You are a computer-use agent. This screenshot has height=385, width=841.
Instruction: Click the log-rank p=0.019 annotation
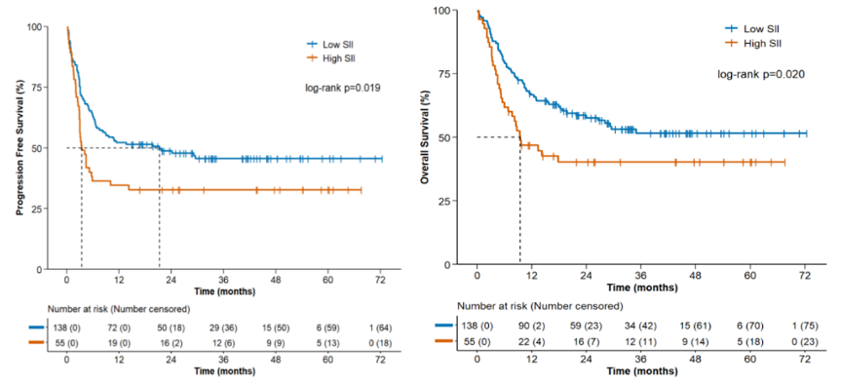pos(343,89)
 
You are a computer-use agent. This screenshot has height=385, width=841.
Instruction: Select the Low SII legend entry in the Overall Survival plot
pos(748,28)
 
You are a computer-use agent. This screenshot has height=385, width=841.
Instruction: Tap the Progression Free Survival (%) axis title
pos(19,147)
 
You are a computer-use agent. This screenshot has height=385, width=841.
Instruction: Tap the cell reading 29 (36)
pos(223,327)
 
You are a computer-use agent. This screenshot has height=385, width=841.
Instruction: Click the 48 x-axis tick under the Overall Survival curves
pos(695,276)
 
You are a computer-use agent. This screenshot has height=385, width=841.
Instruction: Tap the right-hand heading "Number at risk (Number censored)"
pos(540,306)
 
